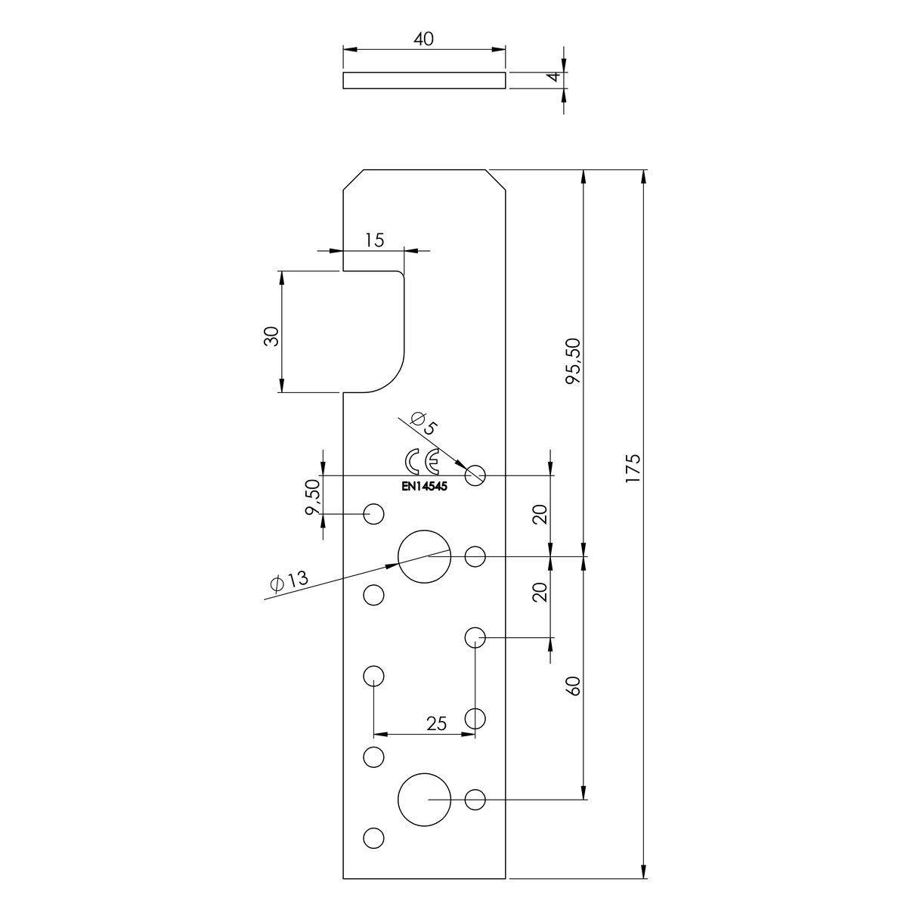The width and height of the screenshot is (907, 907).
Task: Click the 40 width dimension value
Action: tap(423, 39)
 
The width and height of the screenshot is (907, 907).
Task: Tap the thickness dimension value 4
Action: tap(556, 76)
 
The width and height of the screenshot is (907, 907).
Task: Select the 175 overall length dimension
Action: tap(633, 468)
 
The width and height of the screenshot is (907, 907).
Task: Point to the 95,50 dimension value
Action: tap(574, 361)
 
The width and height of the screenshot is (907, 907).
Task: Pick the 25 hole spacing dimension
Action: tap(436, 723)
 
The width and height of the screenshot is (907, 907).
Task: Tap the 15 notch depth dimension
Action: tap(375, 240)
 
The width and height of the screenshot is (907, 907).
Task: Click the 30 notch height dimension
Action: tap(271, 336)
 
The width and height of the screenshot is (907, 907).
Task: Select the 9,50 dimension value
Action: tap(312, 497)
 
